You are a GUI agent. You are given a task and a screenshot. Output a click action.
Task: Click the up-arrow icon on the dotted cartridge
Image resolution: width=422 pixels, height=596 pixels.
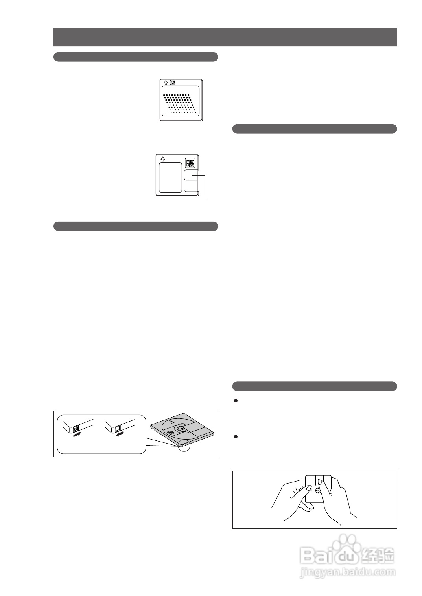coord(166,83)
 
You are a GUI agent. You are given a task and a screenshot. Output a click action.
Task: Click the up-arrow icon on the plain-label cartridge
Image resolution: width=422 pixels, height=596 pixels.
coord(163,159)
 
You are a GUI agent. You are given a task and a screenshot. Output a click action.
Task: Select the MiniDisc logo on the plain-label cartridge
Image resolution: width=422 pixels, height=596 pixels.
coord(190,163)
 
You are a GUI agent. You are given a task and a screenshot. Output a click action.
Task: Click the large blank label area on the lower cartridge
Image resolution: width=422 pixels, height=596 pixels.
coord(170,177)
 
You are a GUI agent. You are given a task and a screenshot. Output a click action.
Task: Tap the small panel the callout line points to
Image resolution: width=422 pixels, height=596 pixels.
coord(191,175)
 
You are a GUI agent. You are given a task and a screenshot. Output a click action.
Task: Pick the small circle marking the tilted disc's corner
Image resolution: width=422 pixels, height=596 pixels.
coord(183,446)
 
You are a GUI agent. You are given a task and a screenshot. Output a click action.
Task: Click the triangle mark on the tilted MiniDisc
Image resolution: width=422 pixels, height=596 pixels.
coord(172,422)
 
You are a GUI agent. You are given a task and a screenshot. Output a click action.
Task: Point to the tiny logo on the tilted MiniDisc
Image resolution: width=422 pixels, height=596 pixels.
coord(171,432)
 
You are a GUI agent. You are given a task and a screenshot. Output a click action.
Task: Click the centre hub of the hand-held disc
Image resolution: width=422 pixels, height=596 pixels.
coord(318,491)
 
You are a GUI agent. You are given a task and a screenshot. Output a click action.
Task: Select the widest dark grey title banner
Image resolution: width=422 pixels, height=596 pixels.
coord(225,37)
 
